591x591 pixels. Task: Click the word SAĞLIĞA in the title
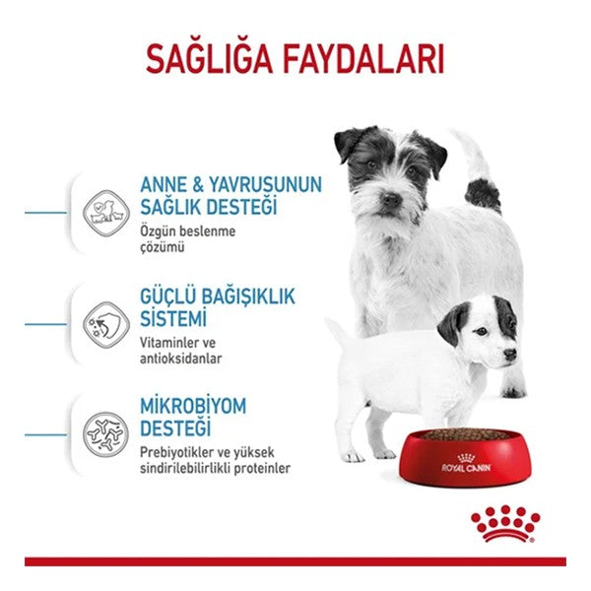click(209, 58)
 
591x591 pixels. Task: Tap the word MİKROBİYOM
click(192, 407)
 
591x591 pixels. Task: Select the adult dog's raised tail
click(479, 177)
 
